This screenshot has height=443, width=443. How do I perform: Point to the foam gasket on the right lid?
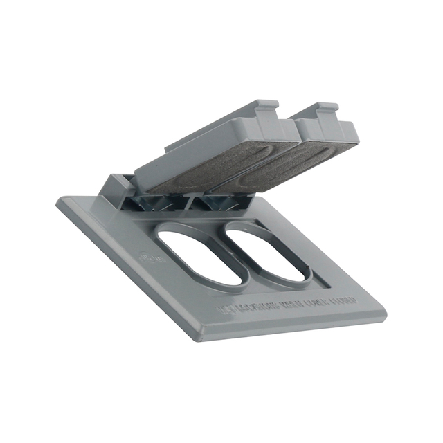[x=284, y=163]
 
